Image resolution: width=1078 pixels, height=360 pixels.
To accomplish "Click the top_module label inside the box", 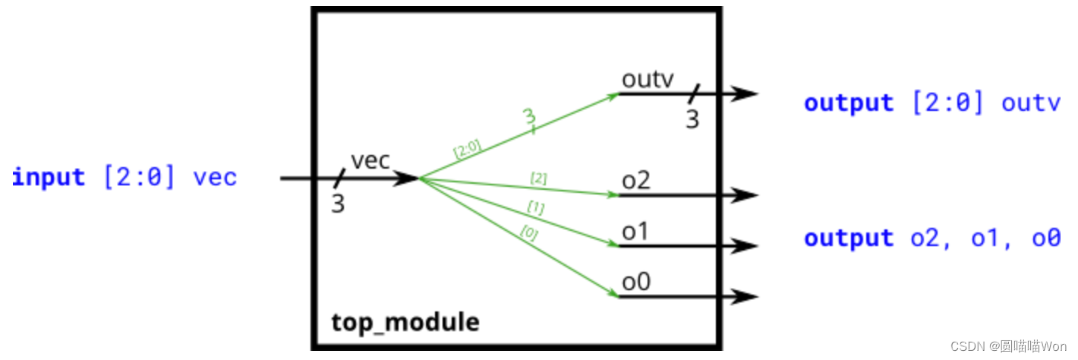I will click(x=405, y=323).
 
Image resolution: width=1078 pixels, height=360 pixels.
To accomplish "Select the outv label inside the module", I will click(x=648, y=79).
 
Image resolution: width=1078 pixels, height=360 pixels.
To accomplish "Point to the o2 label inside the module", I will click(x=635, y=182).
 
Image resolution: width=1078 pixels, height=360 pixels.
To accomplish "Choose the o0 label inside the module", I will click(x=636, y=282).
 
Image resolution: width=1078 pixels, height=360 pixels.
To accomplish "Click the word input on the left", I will click(x=49, y=178).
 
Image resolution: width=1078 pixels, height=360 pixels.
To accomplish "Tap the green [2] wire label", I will click(x=538, y=178).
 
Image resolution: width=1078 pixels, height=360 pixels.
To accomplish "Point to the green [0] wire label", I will click(x=528, y=234).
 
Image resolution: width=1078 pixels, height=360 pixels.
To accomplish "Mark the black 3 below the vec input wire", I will click(x=338, y=204).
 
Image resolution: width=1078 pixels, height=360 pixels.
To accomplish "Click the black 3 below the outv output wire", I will click(x=692, y=119).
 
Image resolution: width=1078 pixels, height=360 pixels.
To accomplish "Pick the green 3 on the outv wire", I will click(x=529, y=115).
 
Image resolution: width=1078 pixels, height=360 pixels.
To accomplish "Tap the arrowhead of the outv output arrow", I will click(x=747, y=94).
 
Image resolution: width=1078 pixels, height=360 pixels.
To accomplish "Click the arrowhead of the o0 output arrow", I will click(x=747, y=297).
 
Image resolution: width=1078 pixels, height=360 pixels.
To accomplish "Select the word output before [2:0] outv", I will click(x=849, y=103).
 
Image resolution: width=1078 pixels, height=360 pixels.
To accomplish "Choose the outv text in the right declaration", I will click(x=1030, y=103).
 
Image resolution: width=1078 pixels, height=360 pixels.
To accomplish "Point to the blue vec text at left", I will click(x=216, y=178).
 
